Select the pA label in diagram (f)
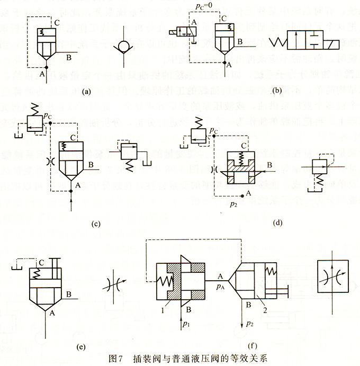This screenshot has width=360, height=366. click(220, 284)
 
